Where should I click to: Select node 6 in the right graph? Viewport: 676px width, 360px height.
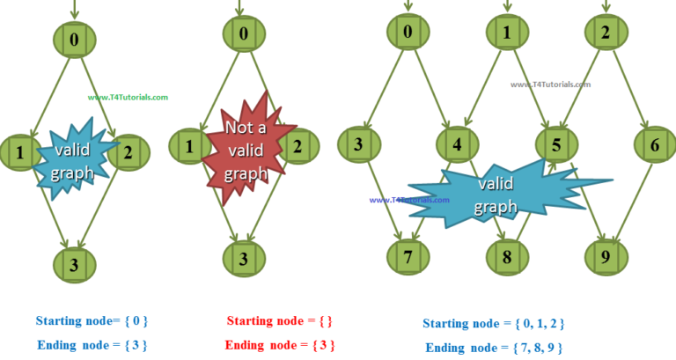click(x=653, y=144)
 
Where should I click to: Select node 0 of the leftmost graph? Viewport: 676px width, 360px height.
click(x=75, y=39)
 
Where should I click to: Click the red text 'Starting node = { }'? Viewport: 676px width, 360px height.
click(x=279, y=320)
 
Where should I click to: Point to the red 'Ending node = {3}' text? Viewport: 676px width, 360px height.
click(x=279, y=344)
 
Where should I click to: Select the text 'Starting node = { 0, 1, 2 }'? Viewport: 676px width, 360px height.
click(x=494, y=323)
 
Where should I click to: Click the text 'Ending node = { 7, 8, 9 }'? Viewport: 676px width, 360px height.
click(x=494, y=347)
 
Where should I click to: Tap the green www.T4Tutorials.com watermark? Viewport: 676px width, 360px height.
click(x=128, y=98)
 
